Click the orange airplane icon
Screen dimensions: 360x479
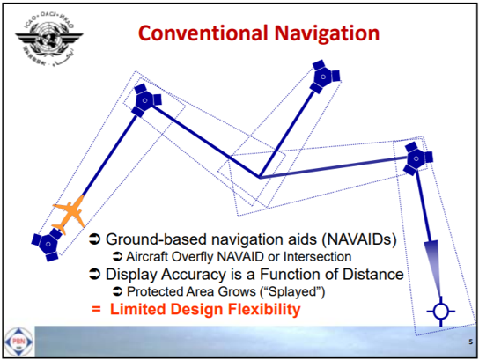(x=70, y=215)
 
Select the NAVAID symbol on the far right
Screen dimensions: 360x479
(x=416, y=158)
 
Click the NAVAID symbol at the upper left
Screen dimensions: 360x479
(x=142, y=99)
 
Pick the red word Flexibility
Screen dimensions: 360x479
(x=260, y=310)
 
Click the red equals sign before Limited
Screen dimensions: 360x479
(x=97, y=310)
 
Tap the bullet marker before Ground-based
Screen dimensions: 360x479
(x=96, y=239)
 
